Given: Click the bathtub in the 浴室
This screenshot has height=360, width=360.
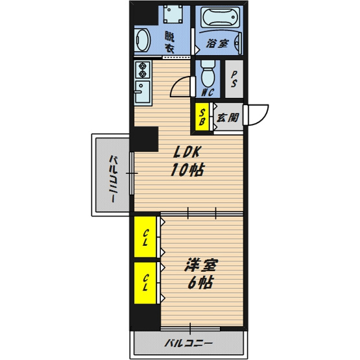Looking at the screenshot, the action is pyautogui.click(x=220, y=18).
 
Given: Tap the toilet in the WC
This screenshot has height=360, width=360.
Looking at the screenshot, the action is pyautogui.click(x=208, y=74).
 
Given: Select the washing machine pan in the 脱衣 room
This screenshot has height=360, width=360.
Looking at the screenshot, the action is pyautogui.click(x=173, y=14).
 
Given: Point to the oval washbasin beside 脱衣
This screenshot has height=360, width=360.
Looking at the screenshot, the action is pyautogui.click(x=142, y=41).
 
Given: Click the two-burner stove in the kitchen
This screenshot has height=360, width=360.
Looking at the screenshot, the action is pyautogui.click(x=143, y=70).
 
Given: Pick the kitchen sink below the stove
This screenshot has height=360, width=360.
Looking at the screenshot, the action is pyautogui.click(x=143, y=92).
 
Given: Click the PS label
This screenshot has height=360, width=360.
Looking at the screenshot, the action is pyautogui.click(x=234, y=79).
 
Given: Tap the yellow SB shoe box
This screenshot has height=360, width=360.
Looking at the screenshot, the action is pyautogui.click(x=202, y=117).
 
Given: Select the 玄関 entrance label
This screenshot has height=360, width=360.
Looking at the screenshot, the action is pyautogui.click(x=228, y=117).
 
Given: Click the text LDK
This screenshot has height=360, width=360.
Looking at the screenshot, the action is pyautogui.click(x=187, y=152).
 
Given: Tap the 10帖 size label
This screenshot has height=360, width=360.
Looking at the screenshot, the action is pyautogui.click(x=187, y=169).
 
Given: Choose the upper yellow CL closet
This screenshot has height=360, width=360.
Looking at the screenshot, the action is pyautogui.click(x=145, y=237).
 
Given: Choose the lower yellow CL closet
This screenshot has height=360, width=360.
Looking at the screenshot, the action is pyautogui.click(x=145, y=283).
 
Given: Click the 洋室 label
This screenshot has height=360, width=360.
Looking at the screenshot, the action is pyautogui.click(x=201, y=265).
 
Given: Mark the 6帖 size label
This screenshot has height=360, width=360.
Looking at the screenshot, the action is pyautogui.click(x=201, y=282).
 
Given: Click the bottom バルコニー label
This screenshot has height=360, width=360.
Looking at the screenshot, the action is pyautogui.click(x=188, y=344).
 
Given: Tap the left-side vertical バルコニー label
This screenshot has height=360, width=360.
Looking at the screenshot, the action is pyautogui.click(x=113, y=179).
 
